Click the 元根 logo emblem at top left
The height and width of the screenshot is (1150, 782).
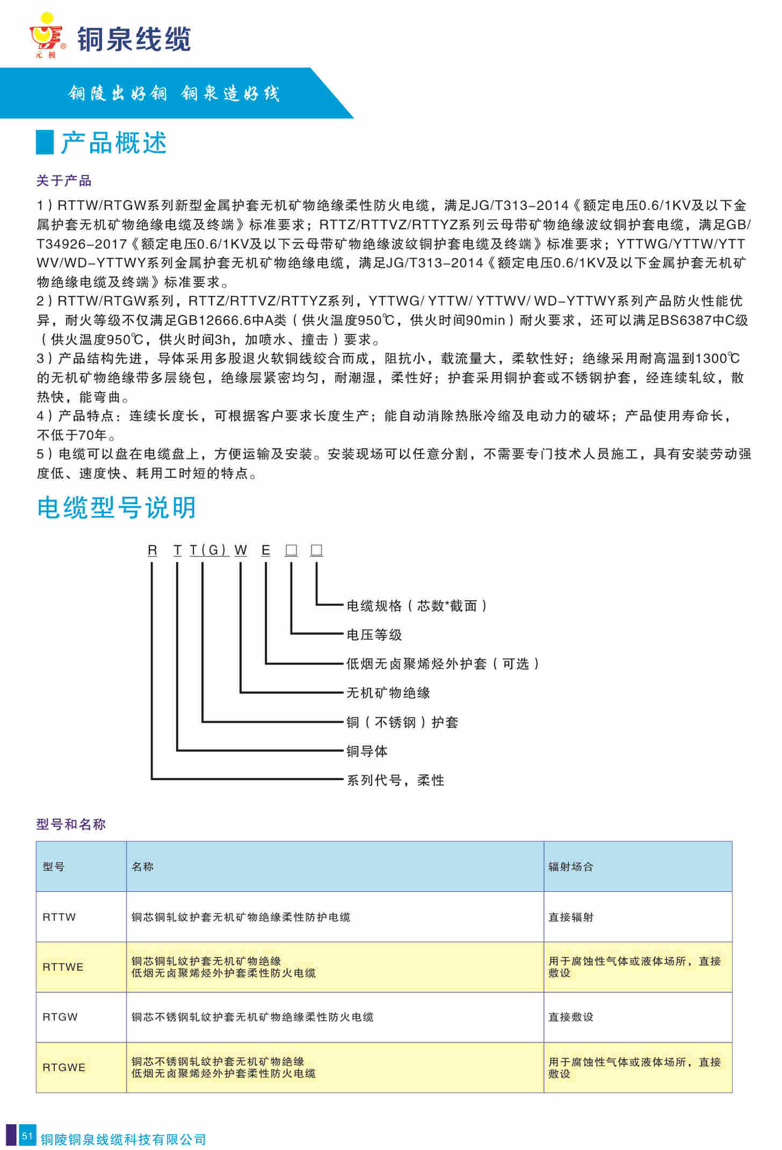(46, 35)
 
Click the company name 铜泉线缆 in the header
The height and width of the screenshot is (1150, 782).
(134, 39)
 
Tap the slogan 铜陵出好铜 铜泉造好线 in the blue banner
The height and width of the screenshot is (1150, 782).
(173, 93)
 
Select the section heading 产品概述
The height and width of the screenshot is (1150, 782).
(114, 143)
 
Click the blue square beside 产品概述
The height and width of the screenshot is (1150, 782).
(45, 142)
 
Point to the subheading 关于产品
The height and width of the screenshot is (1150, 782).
(64, 181)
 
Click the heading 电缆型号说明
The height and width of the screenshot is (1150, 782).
(117, 507)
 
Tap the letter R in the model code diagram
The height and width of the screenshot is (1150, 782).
(153, 550)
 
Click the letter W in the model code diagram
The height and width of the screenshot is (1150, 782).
(241, 550)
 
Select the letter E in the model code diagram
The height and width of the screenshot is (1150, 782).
(266, 550)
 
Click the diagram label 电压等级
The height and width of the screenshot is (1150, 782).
(374, 635)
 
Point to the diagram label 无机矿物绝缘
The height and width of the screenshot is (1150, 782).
(388, 693)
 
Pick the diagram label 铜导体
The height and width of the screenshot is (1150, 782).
(367, 751)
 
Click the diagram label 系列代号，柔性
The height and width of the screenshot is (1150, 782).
(395, 780)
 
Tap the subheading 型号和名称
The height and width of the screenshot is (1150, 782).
(71, 824)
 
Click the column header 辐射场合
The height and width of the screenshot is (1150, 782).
(570, 867)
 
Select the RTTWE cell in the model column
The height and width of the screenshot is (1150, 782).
(63, 967)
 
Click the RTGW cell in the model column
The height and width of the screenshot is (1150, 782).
(60, 1017)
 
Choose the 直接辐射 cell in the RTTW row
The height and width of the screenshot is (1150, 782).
(570, 917)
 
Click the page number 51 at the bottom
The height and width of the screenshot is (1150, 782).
(27, 1136)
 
